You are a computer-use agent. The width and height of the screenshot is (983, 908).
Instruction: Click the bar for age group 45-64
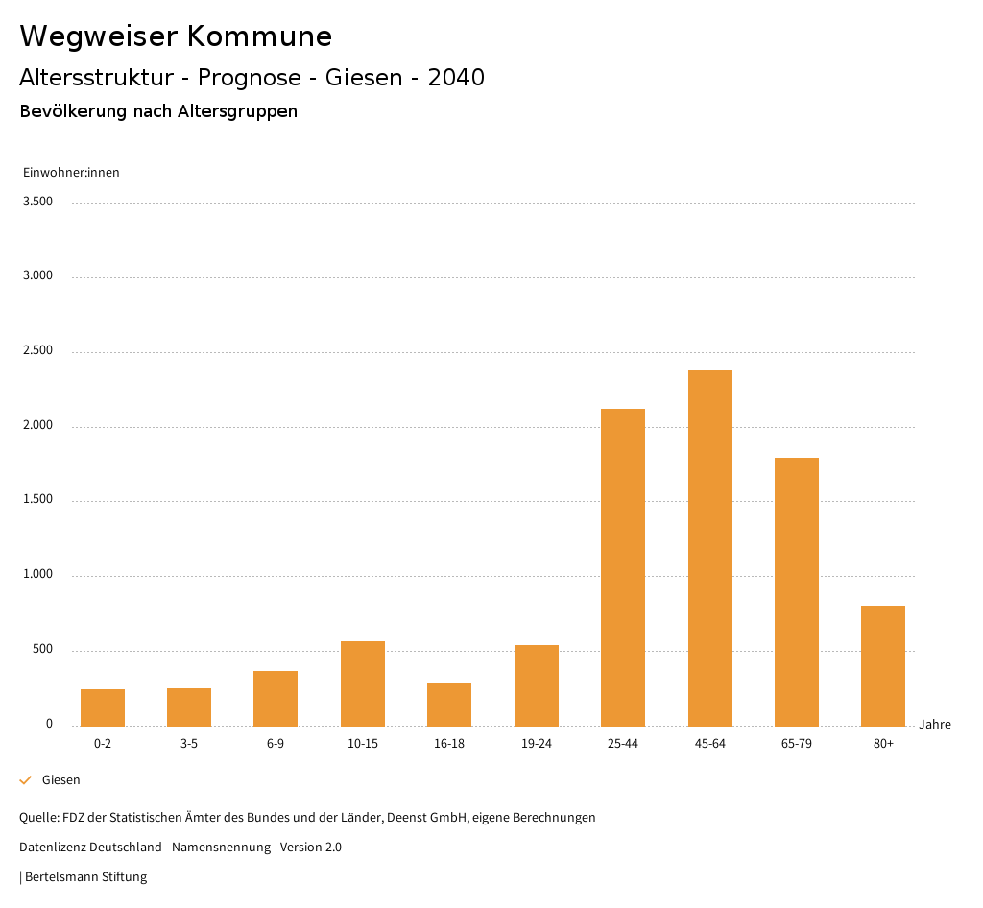pos(709,547)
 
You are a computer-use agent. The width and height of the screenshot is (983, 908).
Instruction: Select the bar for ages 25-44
pos(623,566)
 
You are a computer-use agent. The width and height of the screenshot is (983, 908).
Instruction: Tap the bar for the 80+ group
pos(883,665)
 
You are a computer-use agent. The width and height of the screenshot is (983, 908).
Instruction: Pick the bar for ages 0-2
pos(103,706)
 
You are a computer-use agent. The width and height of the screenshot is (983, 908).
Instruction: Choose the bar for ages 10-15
pos(363,682)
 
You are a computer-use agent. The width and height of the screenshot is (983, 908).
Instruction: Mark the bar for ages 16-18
pos(449,704)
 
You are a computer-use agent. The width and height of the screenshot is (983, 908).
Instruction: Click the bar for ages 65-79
pos(797,591)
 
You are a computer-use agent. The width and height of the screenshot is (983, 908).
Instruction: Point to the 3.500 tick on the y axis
pos(37,202)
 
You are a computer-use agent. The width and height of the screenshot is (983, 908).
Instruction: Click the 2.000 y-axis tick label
pos(37,425)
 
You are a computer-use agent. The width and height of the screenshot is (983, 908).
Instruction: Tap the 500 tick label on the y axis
pos(42,650)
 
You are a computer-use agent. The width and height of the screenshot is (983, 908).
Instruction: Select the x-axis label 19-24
pos(537,744)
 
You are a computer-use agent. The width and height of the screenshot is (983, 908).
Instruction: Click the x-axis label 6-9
pos(276,744)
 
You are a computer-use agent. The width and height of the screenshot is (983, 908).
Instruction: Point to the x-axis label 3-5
pos(189,744)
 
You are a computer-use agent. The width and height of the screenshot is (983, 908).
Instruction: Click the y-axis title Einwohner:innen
pos(71,173)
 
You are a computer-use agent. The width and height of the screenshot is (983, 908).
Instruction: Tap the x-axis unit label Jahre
pos(935,725)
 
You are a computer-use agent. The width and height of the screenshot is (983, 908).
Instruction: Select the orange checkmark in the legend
pos(26,780)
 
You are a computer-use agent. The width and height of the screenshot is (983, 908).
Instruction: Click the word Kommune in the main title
pos(259,36)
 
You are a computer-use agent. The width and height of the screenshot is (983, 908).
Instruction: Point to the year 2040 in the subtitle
pos(456,78)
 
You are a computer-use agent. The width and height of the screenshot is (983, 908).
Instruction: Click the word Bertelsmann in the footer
pos(61,877)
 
